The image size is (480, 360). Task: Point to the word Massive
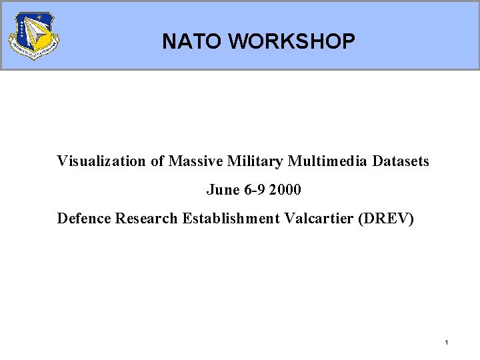pyautogui.click(x=194, y=161)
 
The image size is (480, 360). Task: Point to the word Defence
pyautogui.click(x=84, y=219)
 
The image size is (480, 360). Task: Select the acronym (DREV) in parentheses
pyautogui.click(x=386, y=219)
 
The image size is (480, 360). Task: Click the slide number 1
pyautogui.click(x=446, y=343)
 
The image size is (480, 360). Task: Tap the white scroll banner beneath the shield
pyautogui.click(x=33, y=53)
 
